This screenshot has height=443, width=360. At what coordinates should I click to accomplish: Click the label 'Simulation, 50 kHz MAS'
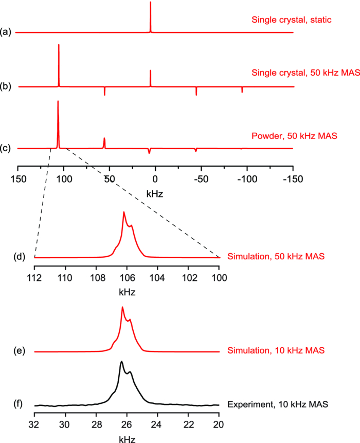point(276,256)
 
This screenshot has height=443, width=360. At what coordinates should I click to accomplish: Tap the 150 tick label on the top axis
point(18,179)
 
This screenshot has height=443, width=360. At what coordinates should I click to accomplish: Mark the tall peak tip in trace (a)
point(150,3)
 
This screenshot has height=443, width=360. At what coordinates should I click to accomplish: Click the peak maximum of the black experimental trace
point(121,362)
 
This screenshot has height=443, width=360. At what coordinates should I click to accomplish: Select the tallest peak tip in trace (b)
point(59,45)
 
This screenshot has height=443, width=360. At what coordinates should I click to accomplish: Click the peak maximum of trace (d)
point(123,211)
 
